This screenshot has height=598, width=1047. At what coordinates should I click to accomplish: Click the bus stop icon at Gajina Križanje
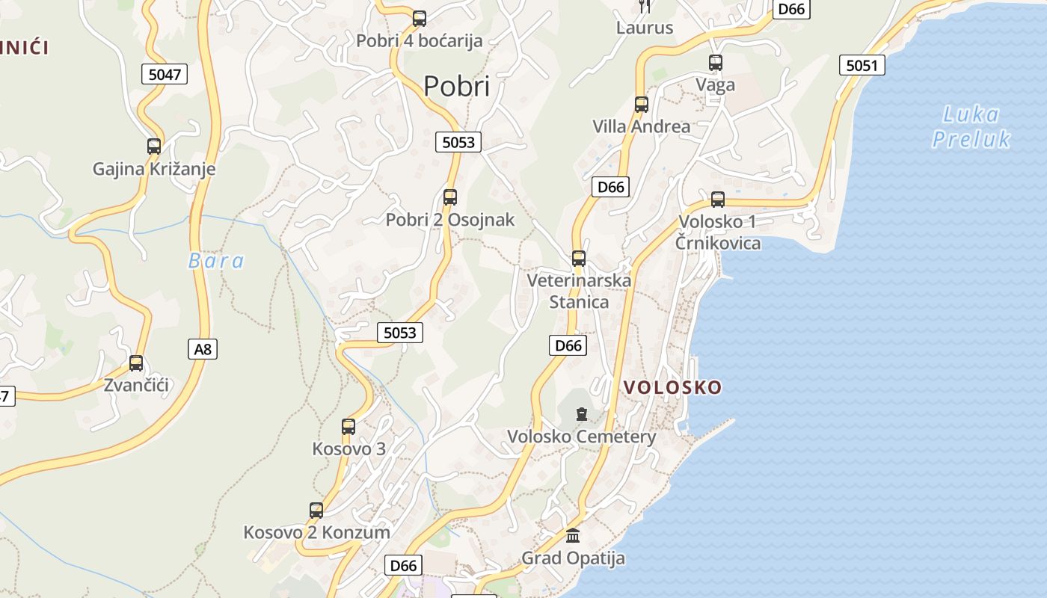point(154,147)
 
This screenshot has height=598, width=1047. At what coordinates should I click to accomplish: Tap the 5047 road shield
point(165,74)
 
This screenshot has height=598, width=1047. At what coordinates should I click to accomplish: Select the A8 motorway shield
point(203,348)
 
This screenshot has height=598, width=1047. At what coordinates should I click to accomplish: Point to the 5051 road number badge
point(862,65)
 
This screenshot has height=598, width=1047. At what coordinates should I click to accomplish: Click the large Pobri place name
point(456,87)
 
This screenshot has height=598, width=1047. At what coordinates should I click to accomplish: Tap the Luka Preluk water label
point(971,127)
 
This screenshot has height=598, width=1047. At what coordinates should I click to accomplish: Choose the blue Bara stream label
point(216,261)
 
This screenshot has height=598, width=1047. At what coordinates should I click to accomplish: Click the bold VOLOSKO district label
point(672,387)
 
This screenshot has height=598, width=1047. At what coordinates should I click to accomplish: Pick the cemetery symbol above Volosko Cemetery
point(582,413)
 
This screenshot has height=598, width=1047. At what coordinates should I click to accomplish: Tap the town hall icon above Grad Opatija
point(573,535)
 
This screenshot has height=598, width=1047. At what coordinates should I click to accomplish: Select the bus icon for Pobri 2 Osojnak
point(450,197)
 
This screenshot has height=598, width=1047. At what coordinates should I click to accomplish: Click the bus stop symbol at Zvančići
point(136,363)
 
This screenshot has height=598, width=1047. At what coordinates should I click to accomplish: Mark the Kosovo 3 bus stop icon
point(349,427)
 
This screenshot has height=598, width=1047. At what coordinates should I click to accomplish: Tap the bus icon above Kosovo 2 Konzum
point(316,511)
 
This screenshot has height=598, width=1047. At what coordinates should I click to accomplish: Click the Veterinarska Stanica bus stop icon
point(579,259)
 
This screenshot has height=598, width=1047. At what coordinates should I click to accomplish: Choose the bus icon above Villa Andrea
point(641,105)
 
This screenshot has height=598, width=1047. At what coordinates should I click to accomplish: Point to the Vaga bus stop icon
point(716,63)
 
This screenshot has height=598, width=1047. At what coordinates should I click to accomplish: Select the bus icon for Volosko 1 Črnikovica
point(718,200)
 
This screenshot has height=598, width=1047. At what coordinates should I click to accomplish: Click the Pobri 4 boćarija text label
point(419,41)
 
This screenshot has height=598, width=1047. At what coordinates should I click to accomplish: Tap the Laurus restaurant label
point(645,28)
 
